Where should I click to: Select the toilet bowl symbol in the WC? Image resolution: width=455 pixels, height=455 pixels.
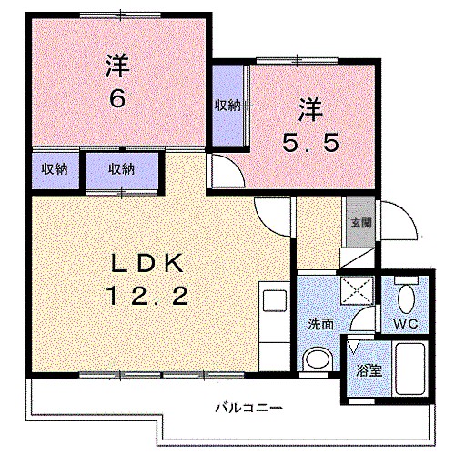tap(405, 297)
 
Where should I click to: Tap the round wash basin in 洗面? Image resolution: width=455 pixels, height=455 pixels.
tap(318, 359)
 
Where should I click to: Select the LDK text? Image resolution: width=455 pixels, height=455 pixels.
tap(148, 264)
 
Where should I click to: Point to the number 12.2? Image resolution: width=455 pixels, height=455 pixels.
tap(149, 296)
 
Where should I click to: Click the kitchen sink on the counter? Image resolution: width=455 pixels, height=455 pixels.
tap(274, 301)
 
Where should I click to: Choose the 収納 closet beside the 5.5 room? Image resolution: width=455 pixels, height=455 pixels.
tap(228, 106)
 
